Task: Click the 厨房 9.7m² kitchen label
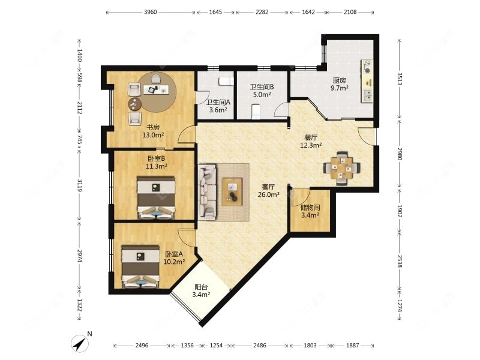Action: [x=340, y=84]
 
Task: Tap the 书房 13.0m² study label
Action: [x=153, y=131]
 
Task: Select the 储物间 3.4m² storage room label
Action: [x=310, y=211]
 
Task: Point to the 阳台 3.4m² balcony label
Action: [x=201, y=291]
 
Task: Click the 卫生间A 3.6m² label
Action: [x=218, y=106]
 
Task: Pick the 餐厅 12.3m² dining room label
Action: [x=311, y=142]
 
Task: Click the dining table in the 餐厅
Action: [x=341, y=168]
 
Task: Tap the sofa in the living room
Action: [x=207, y=191]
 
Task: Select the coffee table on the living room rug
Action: [x=232, y=191]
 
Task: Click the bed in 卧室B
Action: [x=156, y=197]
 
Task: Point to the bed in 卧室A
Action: [x=140, y=266]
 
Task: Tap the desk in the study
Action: [x=157, y=89]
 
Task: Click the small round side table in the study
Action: [x=134, y=104]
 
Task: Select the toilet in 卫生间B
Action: [x=256, y=111]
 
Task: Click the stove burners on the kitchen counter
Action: [x=367, y=67]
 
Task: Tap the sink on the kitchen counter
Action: [x=367, y=95]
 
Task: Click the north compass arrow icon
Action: [x=80, y=343]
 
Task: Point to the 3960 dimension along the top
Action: [x=151, y=12]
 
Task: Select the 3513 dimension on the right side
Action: [x=399, y=79]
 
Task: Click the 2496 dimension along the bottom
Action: [x=142, y=346]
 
